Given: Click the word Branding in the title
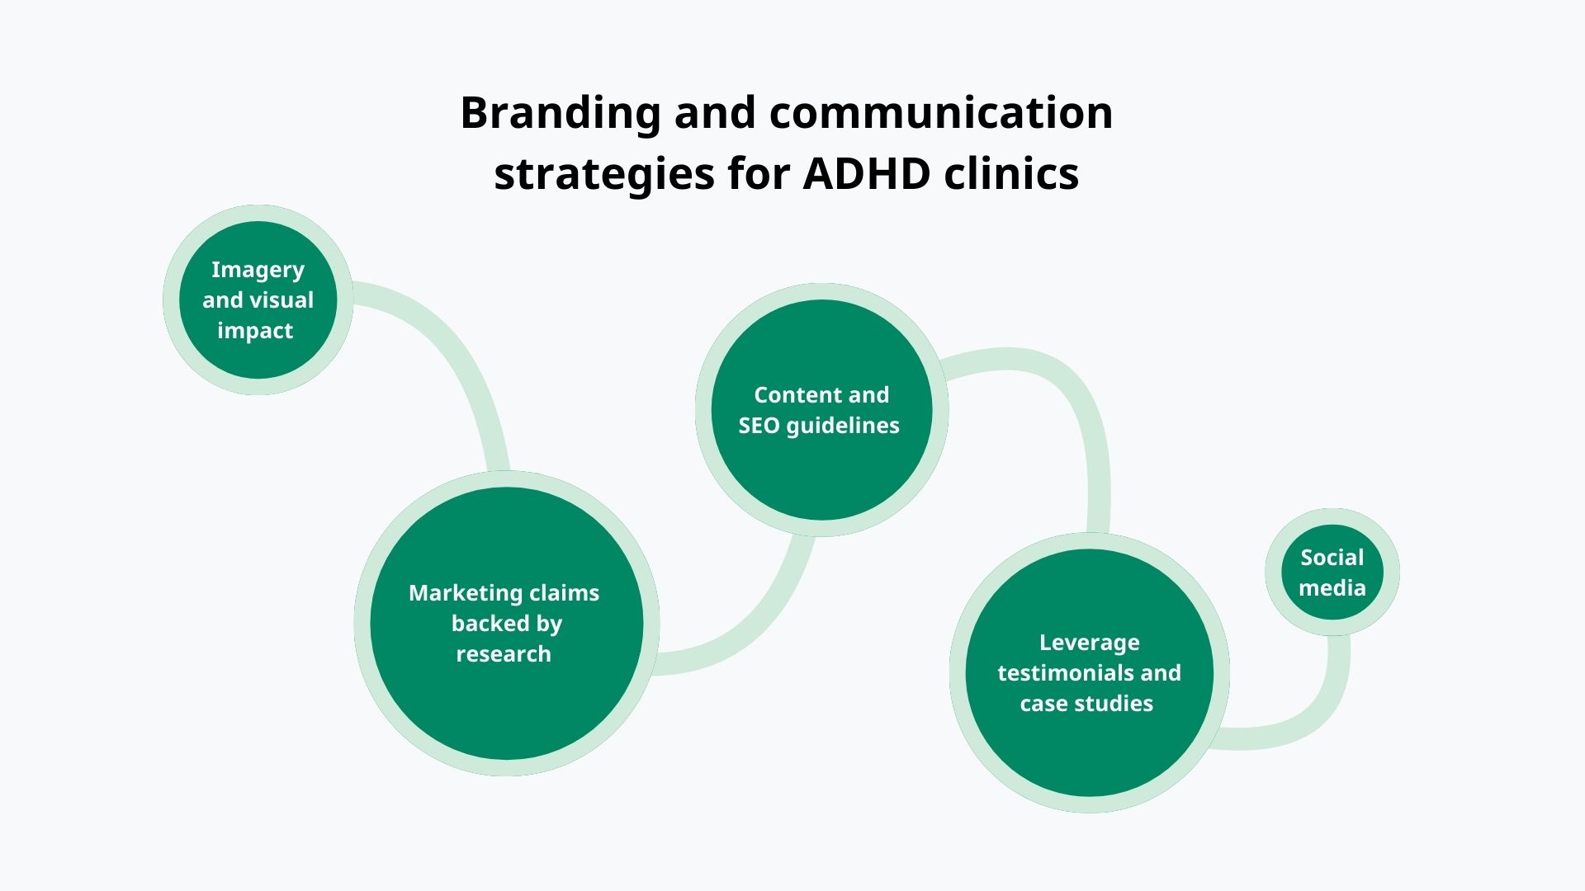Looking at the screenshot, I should click(x=560, y=113).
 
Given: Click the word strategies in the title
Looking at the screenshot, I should click(x=603, y=174).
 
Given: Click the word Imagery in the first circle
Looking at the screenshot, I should click(x=258, y=270).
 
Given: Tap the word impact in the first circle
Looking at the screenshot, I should click(x=255, y=331).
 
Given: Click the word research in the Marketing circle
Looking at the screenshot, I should click(x=504, y=654).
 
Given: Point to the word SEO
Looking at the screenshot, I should click(x=758, y=426).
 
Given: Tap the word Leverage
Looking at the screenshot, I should click(x=1089, y=643).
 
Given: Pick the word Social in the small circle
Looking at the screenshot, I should click(x=1332, y=558).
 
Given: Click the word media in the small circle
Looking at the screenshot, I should click(x=1332, y=588).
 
